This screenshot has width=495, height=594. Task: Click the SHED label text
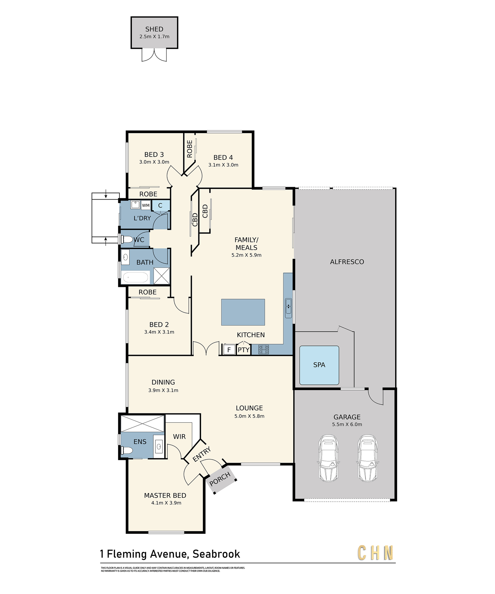point(154,29)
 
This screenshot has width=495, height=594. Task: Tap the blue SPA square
point(319,365)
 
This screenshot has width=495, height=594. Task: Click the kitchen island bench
point(243,312)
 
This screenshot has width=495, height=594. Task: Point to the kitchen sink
point(288,306)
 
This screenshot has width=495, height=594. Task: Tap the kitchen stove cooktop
point(264,349)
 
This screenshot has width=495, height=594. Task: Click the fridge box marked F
point(229,350)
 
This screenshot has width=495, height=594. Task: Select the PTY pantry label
point(243,350)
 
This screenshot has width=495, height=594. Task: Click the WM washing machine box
point(146,205)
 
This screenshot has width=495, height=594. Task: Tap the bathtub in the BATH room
point(135,277)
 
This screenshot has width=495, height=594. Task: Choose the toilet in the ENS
point(127,450)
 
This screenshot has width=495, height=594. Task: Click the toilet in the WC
point(127,239)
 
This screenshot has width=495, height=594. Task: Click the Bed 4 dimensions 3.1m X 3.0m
point(223,165)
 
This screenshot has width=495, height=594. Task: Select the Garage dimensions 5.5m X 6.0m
point(347,424)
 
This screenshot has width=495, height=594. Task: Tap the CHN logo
point(376,553)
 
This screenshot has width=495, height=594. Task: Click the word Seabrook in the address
point(216,554)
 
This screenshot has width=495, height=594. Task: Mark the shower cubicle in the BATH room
point(162,276)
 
